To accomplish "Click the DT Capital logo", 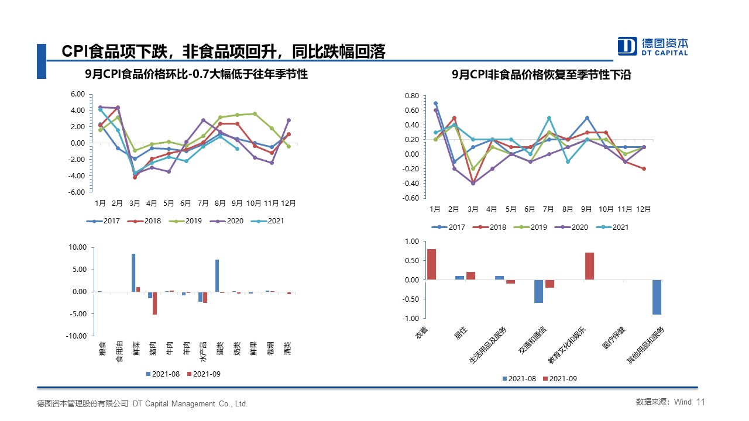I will coord(653,46).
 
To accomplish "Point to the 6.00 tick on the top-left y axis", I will coord(77,94).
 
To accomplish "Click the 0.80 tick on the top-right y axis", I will coord(412,96).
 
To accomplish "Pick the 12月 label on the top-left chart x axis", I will coord(288,203).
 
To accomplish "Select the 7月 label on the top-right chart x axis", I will coord(548,209).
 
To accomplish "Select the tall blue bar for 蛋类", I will coord(217,275).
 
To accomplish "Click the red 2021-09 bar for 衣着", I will coord(431,264).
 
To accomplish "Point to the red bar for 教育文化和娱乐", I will coord(589,266).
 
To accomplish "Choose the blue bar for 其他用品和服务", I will coord(657,297).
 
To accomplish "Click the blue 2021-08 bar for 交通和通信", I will coord(538,291).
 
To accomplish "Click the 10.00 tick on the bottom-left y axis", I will coord(77,248).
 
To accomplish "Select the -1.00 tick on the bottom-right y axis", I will coord(411,319).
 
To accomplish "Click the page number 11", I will coord(702,402).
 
